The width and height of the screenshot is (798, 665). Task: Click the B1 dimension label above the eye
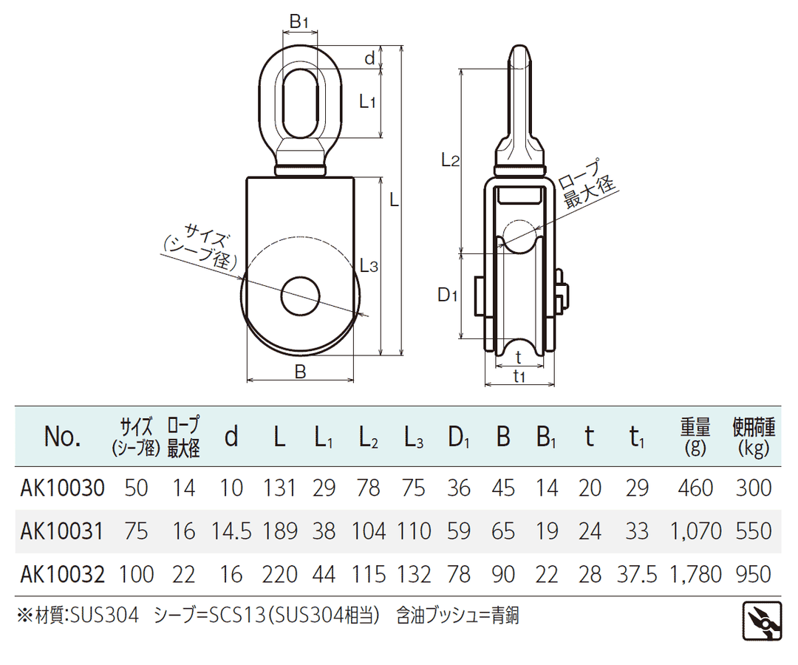pos(299,22)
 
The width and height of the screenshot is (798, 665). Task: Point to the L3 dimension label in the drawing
pos(369,265)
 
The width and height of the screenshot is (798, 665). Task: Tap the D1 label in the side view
pos(448,295)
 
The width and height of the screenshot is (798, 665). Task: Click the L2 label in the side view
pos(451,160)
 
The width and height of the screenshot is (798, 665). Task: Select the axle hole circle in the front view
pos(301,296)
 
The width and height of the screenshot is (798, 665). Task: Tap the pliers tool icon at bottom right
pos(762,621)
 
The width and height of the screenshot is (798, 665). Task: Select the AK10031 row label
pos(62,531)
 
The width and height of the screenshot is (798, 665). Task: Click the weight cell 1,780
pos(696,574)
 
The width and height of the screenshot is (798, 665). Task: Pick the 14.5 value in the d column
pos(231,531)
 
